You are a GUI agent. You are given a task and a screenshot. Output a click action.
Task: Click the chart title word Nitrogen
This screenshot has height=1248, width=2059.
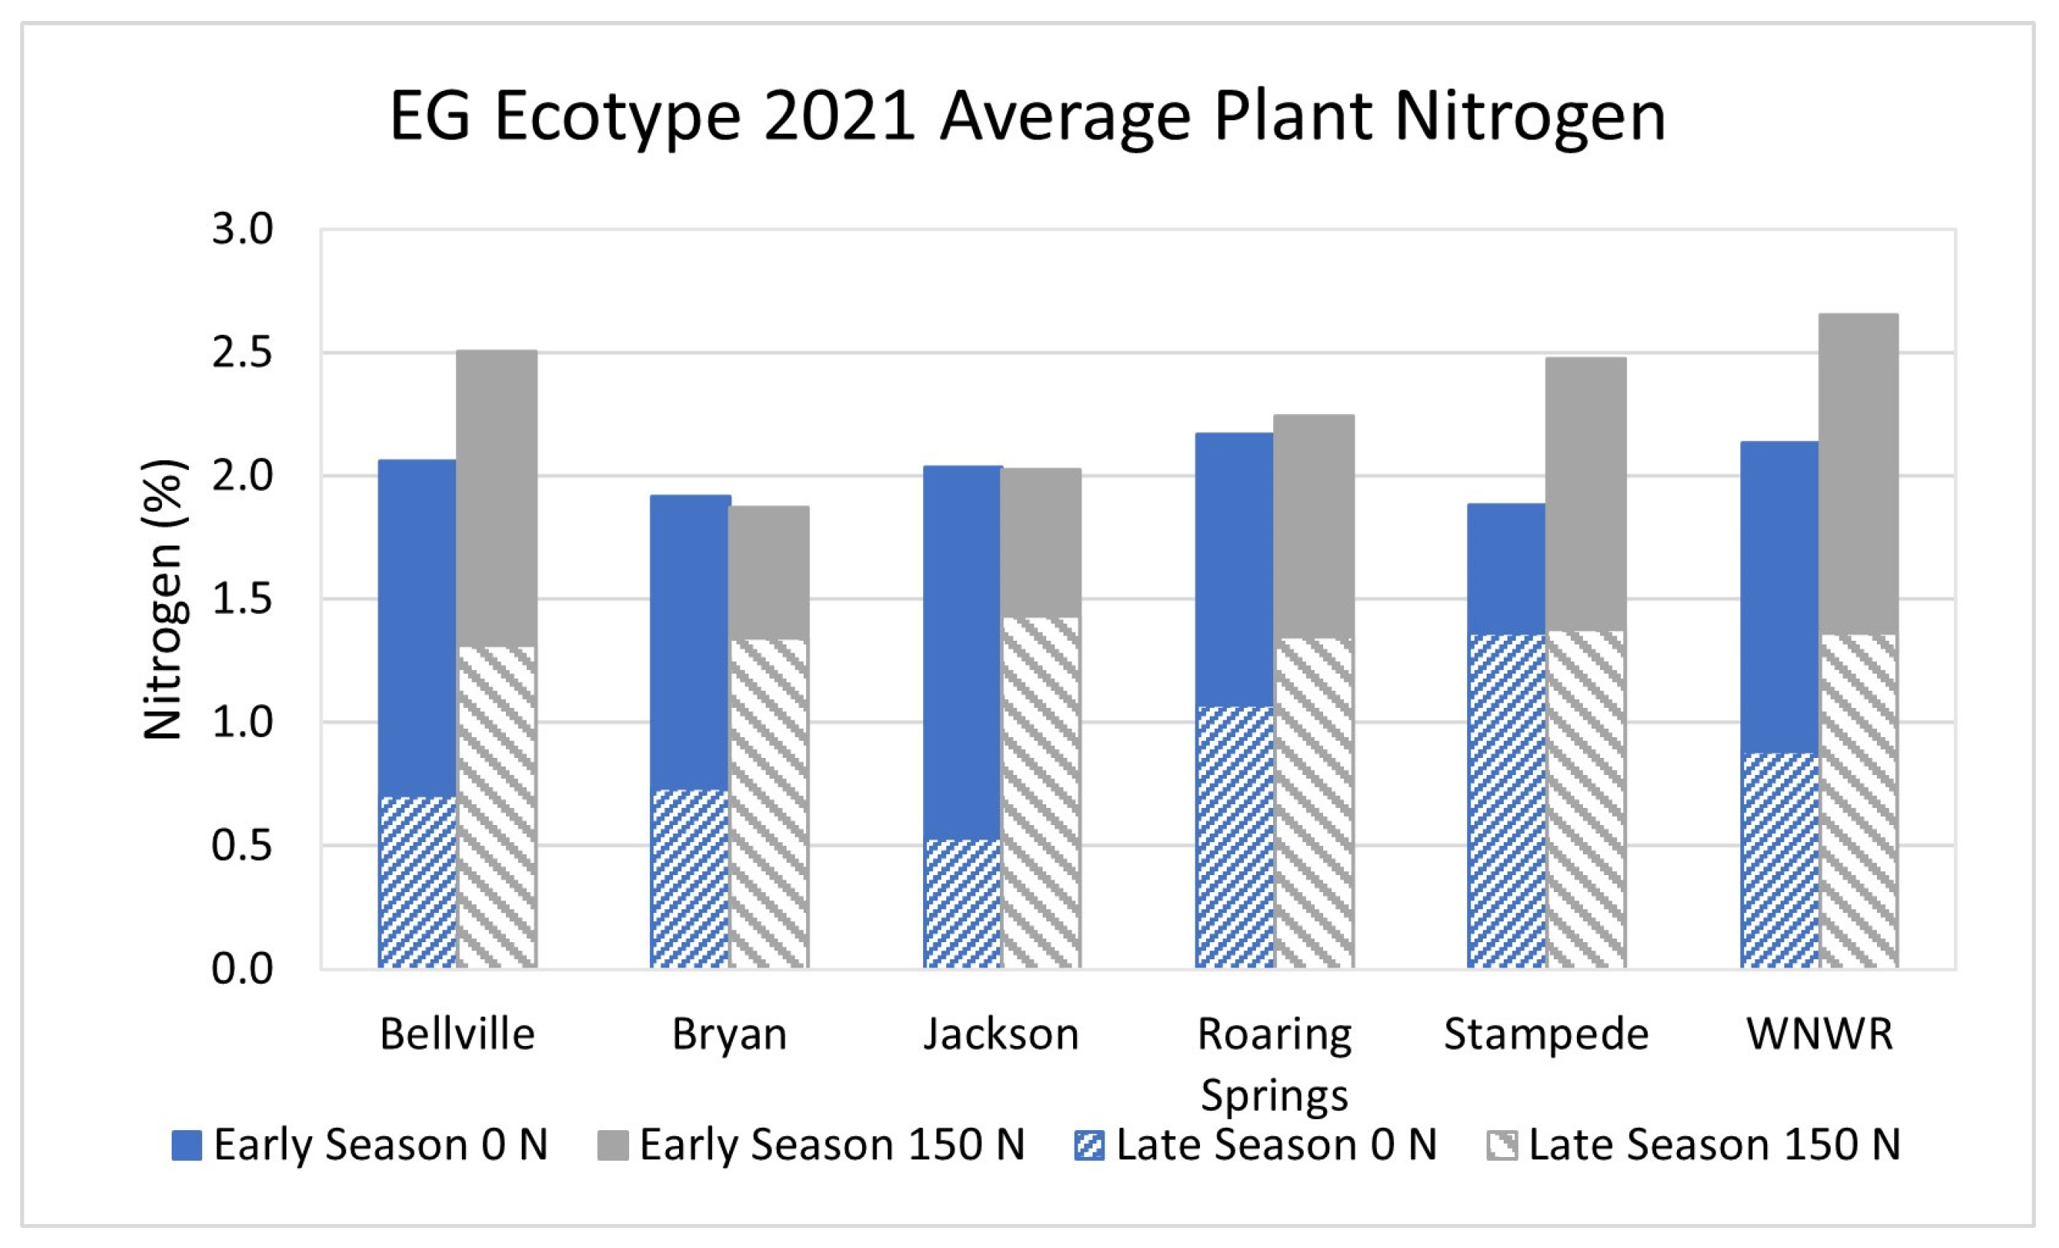point(1530,117)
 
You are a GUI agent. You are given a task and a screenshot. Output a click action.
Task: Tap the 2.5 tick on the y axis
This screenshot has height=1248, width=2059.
point(243,354)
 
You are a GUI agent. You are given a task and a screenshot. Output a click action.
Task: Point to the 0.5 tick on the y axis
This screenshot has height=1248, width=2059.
point(243,846)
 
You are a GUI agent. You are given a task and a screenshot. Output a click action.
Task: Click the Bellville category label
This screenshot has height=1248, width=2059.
point(457,1034)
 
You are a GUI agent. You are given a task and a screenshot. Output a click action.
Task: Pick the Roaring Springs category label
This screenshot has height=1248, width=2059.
point(1275,1064)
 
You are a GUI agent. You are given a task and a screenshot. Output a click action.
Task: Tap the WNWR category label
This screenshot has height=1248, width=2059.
point(1819,1034)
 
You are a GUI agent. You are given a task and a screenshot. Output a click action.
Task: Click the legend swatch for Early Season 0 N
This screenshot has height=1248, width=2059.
point(187,1145)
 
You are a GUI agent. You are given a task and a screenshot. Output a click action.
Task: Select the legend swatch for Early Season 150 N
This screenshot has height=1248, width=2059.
point(613,1145)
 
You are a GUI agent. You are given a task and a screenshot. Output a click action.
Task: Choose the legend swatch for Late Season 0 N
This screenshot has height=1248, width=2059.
point(1089,1145)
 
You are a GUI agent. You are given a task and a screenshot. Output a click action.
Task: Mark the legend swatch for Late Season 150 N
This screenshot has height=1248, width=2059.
point(1502,1145)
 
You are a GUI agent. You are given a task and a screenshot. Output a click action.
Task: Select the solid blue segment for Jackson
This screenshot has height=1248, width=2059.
point(962,651)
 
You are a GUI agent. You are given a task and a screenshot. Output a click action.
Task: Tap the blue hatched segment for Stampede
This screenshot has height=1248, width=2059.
point(1506,802)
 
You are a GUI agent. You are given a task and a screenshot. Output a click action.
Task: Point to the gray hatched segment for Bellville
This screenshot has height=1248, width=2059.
point(496,807)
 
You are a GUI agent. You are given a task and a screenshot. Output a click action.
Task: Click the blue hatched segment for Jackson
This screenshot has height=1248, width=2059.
point(962,904)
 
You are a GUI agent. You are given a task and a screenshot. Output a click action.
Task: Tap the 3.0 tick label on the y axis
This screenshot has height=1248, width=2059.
point(243,230)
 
